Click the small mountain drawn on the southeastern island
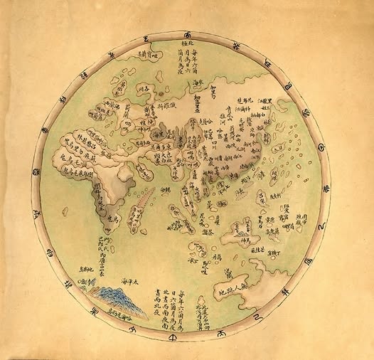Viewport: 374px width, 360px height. tap(242, 228)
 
